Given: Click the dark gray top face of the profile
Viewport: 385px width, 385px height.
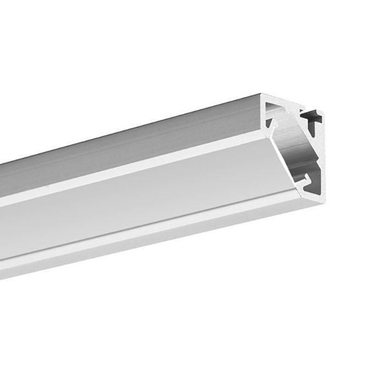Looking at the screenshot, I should tap(137, 148).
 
